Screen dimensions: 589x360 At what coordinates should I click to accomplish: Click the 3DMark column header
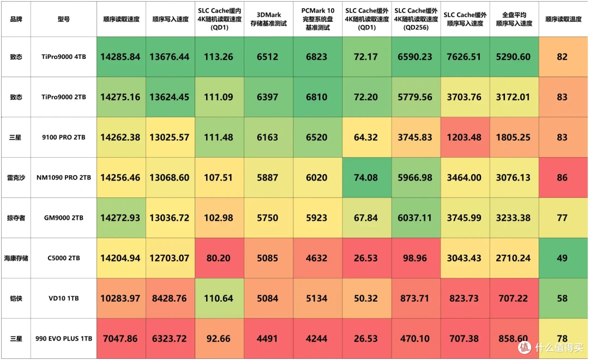point(268,19)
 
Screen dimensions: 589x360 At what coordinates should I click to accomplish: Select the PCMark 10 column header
point(317,19)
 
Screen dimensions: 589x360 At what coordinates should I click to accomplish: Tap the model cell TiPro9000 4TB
point(63,57)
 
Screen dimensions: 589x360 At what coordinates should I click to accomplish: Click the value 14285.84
point(120,57)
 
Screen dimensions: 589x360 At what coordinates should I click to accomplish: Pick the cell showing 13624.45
point(170,97)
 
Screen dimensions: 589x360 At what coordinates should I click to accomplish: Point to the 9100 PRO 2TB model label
point(63,137)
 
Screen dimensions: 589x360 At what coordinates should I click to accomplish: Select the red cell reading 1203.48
point(464,137)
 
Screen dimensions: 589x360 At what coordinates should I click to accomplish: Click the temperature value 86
point(562,177)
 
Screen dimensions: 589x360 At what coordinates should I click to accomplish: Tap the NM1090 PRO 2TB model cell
point(63,177)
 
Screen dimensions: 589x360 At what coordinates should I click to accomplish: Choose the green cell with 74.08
point(365,177)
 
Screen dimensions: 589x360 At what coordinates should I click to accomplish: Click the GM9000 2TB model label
point(63,218)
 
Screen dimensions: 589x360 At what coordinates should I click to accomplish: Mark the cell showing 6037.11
point(414,218)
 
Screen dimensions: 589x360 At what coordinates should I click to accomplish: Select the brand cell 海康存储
point(16,258)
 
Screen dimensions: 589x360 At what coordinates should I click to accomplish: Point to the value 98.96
point(414,258)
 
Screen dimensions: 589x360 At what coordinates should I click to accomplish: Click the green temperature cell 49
point(562,258)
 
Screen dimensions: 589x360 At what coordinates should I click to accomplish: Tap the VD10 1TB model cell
point(63,298)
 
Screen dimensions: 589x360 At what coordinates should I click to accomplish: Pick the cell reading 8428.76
point(170,298)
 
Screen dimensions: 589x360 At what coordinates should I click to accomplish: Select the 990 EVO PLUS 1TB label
point(63,339)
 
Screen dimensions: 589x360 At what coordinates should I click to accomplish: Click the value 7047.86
point(120,339)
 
